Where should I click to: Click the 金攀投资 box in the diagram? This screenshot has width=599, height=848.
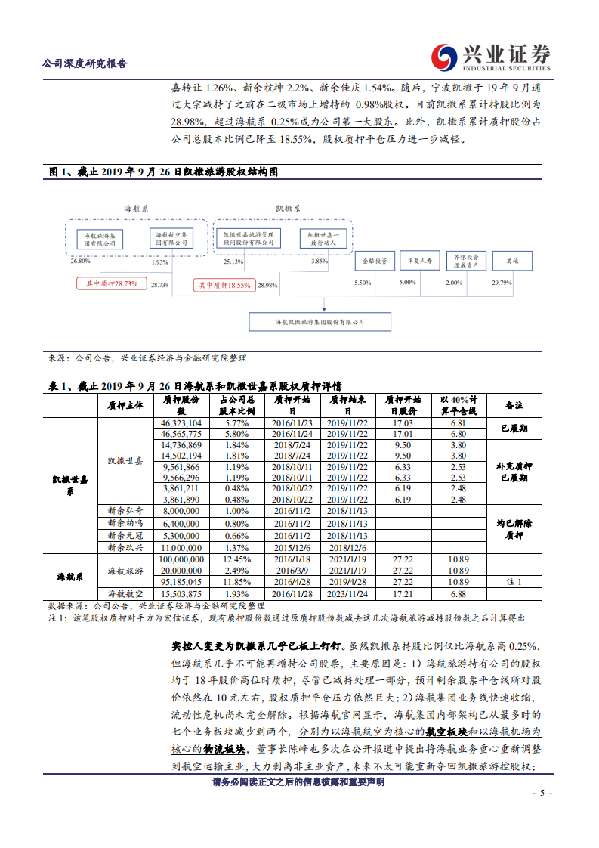[x=374, y=262]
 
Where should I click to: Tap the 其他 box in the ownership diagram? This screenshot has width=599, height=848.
[x=512, y=262]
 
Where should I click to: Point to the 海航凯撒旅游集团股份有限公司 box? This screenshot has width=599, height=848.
[x=320, y=322]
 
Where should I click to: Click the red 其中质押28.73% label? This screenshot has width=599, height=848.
[x=111, y=283]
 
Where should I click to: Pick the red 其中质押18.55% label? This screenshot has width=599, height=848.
[x=224, y=285]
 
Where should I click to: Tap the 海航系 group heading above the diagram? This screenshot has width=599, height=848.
[x=136, y=208]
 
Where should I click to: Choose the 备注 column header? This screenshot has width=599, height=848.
[x=514, y=405]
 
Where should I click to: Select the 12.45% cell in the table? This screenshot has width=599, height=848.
[x=236, y=559]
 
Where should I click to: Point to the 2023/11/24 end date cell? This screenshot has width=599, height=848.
[x=347, y=594]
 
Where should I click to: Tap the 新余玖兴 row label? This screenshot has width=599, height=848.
[x=125, y=547]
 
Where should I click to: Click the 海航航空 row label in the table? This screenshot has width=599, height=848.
[x=125, y=594]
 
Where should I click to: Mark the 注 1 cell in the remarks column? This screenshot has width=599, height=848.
[x=514, y=582]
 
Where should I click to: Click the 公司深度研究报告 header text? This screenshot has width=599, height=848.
[x=85, y=63]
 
